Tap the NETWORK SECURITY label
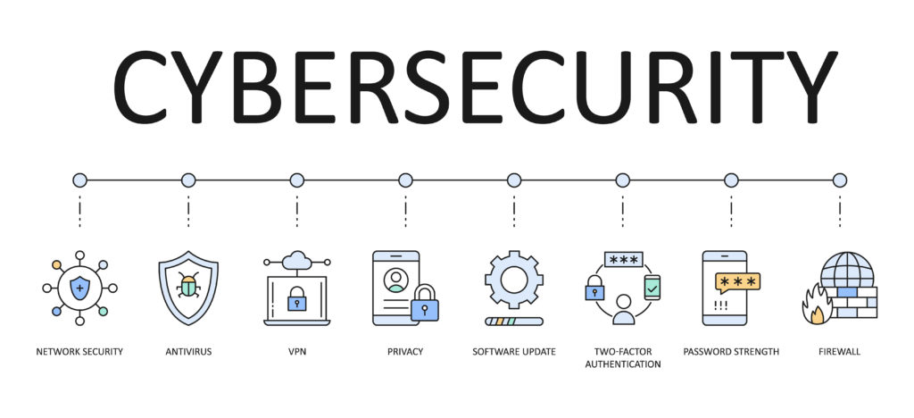click(x=79, y=352)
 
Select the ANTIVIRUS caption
click(x=188, y=352)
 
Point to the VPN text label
click(x=296, y=352)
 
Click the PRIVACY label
click(x=405, y=352)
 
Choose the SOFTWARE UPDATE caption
click(x=514, y=352)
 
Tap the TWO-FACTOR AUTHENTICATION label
click(x=622, y=358)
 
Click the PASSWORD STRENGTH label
click(x=731, y=352)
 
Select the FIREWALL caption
click(x=839, y=352)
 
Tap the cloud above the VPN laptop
click(x=296, y=261)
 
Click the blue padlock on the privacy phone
click(x=424, y=305)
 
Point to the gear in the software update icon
click(x=514, y=280)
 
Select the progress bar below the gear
click(x=514, y=321)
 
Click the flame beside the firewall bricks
click(x=816, y=305)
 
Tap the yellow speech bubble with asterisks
click(x=738, y=283)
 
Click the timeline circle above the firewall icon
click(x=839, y=180)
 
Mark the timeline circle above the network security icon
click(x=79, y=180)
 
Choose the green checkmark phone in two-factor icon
click(x=652, y=287)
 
